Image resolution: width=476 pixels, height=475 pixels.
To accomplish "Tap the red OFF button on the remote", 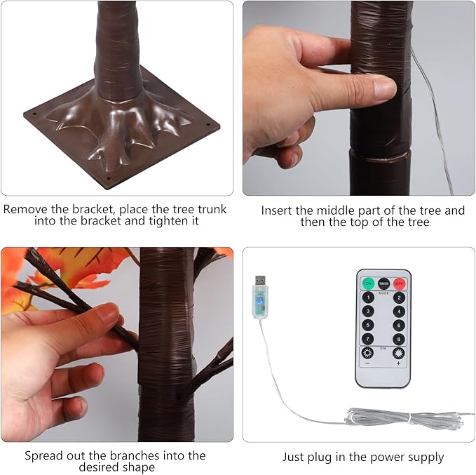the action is (399, 283).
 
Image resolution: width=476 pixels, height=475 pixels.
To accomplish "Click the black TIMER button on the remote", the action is (383, 283).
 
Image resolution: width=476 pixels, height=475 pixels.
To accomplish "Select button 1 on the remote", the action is (368, 297).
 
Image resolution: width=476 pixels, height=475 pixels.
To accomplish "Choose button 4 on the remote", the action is (399, 312).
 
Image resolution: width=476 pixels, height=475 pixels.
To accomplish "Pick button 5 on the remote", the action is (368, 325).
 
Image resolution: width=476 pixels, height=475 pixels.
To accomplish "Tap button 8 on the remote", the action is (399, 339).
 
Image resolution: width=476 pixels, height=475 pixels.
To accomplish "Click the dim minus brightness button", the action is (367, 354).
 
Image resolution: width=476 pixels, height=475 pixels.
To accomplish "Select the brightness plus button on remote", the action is (399, 354).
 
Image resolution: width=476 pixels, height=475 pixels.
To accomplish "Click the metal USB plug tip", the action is (260, 281).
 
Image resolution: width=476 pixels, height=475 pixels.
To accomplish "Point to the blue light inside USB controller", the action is (259, 301).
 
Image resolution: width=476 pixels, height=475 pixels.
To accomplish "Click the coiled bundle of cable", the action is (404, 419).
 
